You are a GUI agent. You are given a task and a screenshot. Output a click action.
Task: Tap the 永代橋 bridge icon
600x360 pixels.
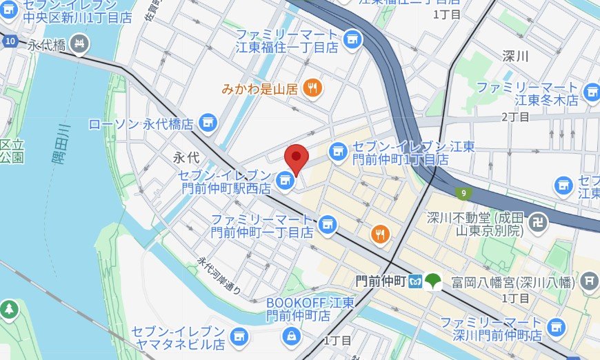point(81,43)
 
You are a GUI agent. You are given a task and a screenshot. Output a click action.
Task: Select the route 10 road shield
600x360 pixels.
point(9,41)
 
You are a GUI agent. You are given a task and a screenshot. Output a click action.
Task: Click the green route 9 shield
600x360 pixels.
point(460,192)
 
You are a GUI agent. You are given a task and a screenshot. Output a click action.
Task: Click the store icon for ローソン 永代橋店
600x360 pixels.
point(205,123)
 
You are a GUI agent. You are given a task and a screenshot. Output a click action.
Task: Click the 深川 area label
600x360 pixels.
point(514,56)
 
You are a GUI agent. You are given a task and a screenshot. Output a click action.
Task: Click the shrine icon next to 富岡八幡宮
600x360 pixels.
point(588,280)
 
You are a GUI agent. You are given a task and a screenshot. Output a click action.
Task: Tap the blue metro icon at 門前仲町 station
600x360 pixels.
point(415,281)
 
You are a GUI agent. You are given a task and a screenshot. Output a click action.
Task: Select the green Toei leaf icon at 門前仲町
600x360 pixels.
point(433,281)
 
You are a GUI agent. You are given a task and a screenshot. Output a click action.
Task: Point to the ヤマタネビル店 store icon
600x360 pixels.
point(239,336)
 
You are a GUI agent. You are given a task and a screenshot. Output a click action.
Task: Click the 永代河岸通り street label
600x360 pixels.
point(219,276)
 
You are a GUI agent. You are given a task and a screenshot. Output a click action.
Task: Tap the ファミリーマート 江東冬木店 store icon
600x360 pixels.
point(591,92)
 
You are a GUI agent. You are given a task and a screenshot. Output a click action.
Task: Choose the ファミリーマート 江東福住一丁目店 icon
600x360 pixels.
point(353,39)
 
